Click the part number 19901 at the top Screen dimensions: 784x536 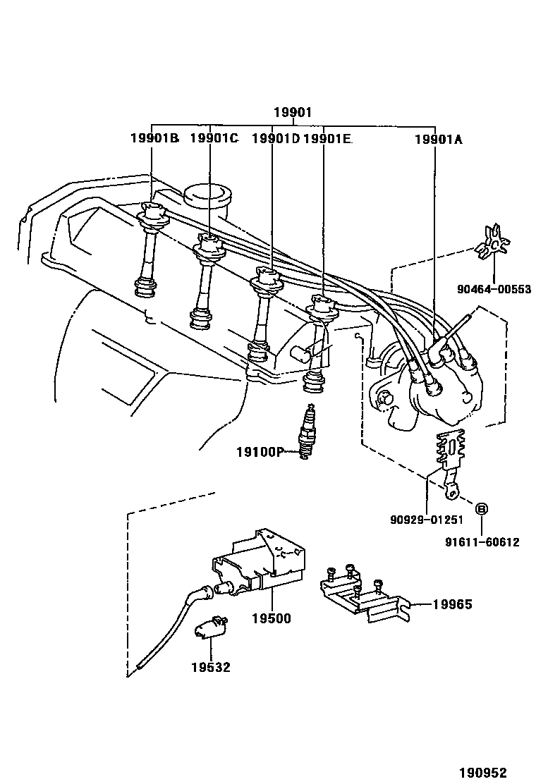pyautogui.click(x=293, y=113)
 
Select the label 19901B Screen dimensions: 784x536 pyautogui.click(x=154, y=139)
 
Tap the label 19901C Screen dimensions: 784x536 pyautogui.click(x=214, y=139)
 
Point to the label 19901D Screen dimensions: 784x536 pyautogui.click(x=276, y=139)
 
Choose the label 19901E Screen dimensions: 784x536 pyautogui.click(x=327, y=139)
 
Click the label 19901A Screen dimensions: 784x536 pyautogui.click(x=438, y=139)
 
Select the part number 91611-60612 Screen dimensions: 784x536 pyautogui.click(x=482, y=542)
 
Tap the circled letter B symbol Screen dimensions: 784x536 pyautogui.click(x=482, y=508)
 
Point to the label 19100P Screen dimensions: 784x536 pyautogui.click(x=259, y=451)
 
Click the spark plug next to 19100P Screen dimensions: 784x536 pyautogui.click(x=305, y=433)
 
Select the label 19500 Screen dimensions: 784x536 pyautogui.click(x=271, y=618)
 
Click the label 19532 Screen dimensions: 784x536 pyautogui.click(x=209, y=666)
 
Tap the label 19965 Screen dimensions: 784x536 pyautogui.click(x=452, y=604)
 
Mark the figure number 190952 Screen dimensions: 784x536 pyautogui.click(x=484, y=773)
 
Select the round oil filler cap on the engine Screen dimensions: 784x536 pyautogui.click(x=208, y=195)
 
